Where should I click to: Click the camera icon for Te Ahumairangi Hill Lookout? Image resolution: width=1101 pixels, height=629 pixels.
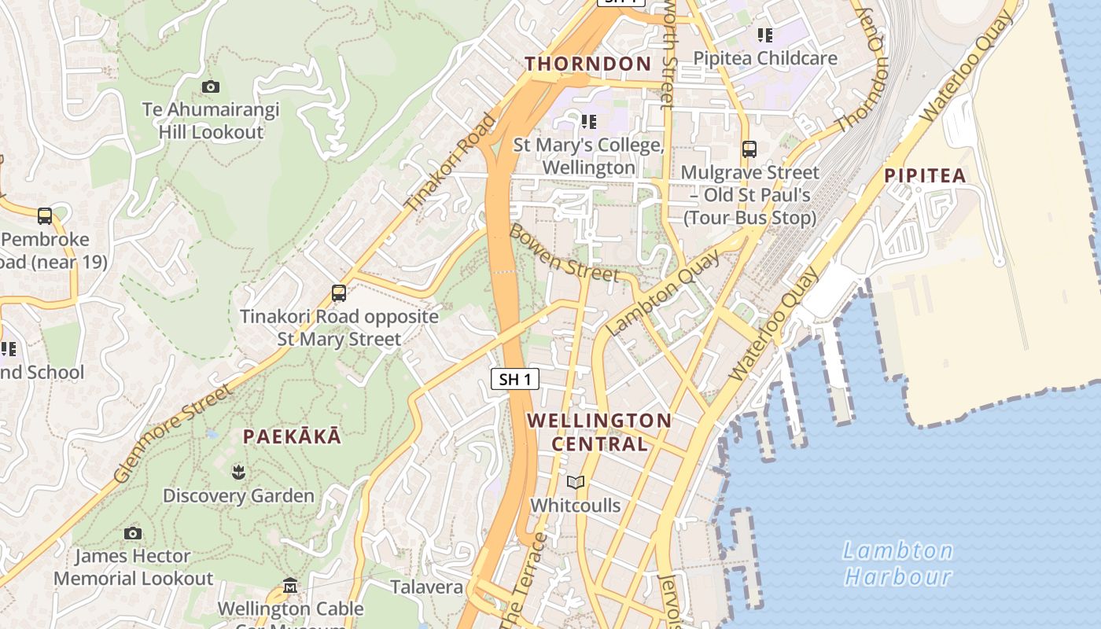pos(210,87)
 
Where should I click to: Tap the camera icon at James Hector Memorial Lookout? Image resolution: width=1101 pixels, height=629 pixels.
pos(133,534)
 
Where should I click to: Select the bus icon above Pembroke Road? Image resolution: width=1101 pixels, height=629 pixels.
pos(45,216)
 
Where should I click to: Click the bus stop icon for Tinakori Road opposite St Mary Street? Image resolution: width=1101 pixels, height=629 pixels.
pos(339,293)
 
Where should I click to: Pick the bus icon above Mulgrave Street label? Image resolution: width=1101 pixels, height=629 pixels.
pos(749,149)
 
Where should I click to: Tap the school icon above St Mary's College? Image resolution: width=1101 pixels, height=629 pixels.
pos(588,122)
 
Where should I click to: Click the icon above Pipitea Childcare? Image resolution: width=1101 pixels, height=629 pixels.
pos(764,35)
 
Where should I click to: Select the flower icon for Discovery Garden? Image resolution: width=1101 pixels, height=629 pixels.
pos(238,473)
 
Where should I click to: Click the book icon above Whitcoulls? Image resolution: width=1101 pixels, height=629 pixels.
pos(576,483)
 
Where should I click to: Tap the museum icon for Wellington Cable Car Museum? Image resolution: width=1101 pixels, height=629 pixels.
pos(290,586)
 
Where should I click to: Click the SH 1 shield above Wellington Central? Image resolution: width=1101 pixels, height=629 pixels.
pos(515,379)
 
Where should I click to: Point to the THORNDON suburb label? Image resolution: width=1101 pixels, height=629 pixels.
pos(588,64)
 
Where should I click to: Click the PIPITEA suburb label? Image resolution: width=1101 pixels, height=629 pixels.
pos(925,175)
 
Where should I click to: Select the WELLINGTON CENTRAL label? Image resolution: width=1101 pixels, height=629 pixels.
pos(599,432)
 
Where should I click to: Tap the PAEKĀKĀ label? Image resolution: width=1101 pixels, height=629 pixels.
pos(292,437)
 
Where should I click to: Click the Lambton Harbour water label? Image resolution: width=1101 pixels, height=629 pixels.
pos(897,563)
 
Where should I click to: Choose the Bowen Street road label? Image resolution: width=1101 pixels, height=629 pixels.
pos(564,253)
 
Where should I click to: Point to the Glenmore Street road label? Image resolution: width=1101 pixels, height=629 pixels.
pos(172,433)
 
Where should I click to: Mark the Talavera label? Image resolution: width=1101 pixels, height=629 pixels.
pos(427,587)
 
